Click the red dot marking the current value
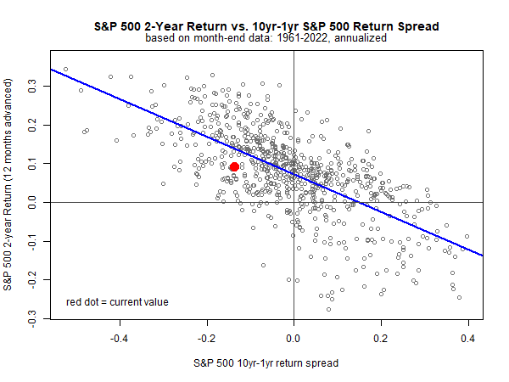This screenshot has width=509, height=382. tap(234, 167)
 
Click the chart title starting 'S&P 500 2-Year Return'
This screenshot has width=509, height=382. tap(266, 26)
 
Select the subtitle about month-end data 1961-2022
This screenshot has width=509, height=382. tap(266, 38)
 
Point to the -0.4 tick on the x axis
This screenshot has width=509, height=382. tap(120, 338)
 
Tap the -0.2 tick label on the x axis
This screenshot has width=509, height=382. tap(206, 338)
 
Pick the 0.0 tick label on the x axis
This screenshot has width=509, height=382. tap(294, 338)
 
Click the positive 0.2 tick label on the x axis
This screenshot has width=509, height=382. tap(381, 338)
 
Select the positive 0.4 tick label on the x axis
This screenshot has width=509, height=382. tap(467, 338)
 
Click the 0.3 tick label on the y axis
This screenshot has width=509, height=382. tap(31, 86)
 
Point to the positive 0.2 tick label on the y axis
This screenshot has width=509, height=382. tap(31, 125)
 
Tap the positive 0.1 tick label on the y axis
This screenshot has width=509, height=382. tap(31, 164)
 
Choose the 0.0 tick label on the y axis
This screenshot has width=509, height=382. tap(31, 203)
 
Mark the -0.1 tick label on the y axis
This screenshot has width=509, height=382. tap(31, 242)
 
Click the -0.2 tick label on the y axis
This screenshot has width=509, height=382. tap(31, 281)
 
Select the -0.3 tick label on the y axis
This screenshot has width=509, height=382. tap(31, 320)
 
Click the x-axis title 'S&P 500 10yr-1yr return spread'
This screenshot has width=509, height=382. tap(266, 363)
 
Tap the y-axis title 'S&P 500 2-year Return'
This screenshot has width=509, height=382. tap(10, 184)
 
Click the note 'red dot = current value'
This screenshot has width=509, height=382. tap(117, 301)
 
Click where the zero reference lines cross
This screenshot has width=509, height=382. tap(294, 203)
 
